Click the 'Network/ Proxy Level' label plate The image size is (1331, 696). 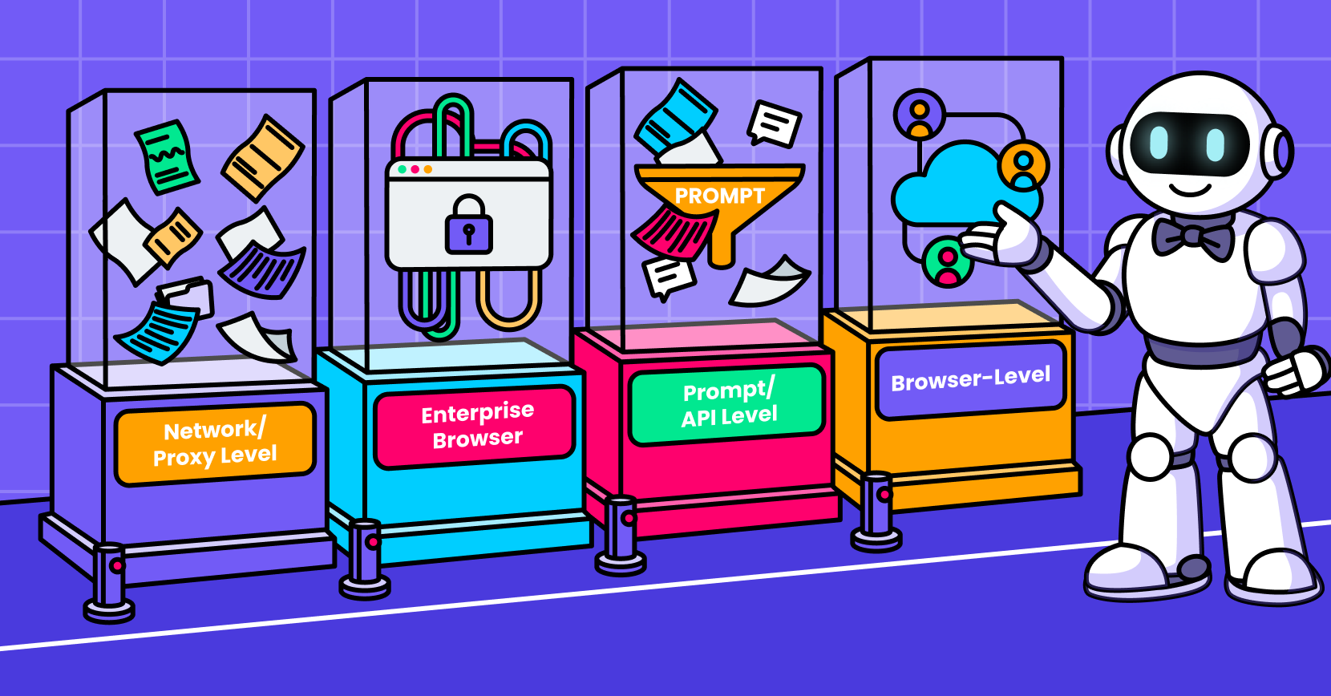point(215,443)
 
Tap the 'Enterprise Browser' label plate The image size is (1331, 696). point(475,426)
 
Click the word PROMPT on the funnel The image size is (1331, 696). point(719,196)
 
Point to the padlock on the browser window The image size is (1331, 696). point(469,224)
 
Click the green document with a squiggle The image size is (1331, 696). point(167,157)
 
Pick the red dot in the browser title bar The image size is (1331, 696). point(415,169)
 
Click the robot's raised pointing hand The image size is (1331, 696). point(1004,237)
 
